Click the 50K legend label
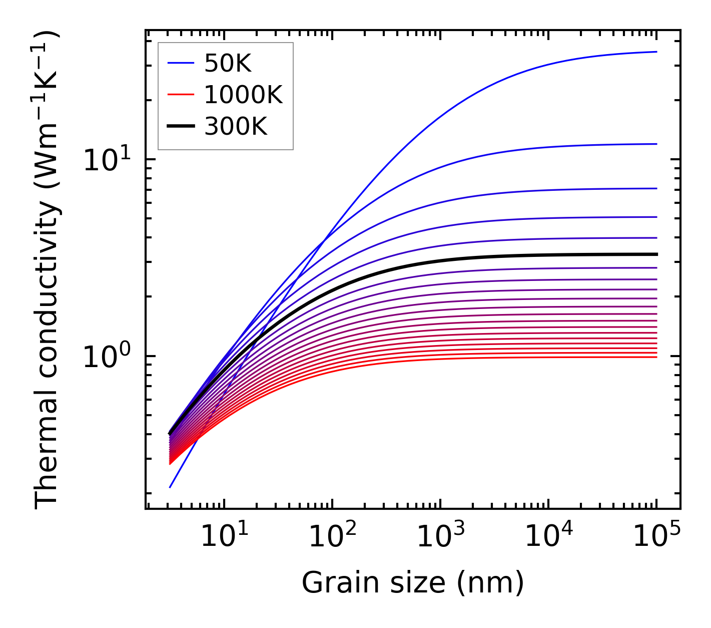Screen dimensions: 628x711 point(228,63)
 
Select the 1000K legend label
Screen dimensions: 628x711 point(243,95)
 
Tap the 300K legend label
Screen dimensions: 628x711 point(236,127)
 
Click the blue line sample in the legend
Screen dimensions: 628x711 point(180,63)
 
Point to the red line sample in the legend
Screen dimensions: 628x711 point(180,95)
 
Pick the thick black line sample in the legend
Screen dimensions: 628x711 point(180,127)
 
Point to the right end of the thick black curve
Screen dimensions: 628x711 point(656,254)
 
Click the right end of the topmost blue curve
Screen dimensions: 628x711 point(656,52)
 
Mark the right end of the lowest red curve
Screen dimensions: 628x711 point(656,357)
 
